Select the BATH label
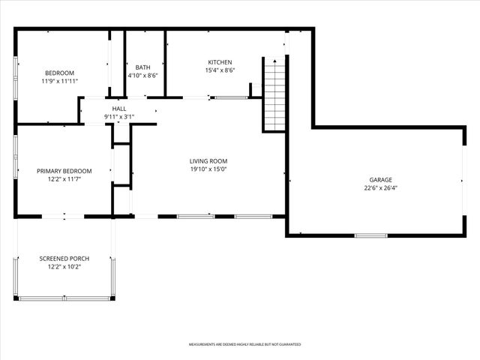pos(142,67)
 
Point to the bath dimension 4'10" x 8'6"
pos(142,76)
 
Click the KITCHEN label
pos(220,62)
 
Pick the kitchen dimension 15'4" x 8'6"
pos(220,70)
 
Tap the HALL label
pos(119,109)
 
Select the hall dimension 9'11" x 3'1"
pos(119,117)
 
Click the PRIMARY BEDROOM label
pos(64,171)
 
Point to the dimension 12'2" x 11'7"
pos(64,179)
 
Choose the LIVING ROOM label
pos(208,161)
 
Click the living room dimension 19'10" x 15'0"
pos(208,169)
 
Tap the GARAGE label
pos(380,180)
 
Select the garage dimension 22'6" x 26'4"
pos(380,188)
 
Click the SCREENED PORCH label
pos(64,259)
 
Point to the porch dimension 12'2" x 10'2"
pos(64,267)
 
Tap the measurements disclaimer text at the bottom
pos(244,344)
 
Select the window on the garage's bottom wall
pos(370,235)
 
